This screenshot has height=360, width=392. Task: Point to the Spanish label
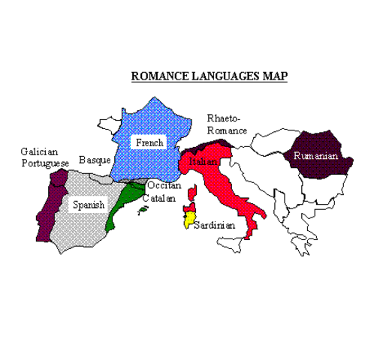click(x=88, y=204)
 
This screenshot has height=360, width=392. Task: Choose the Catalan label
click(x=159, y=199)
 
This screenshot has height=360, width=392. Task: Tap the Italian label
click(x=204, y=162)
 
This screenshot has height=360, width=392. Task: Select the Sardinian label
click(x=214, y=224)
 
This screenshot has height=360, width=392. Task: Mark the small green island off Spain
click(x=141, y=211)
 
